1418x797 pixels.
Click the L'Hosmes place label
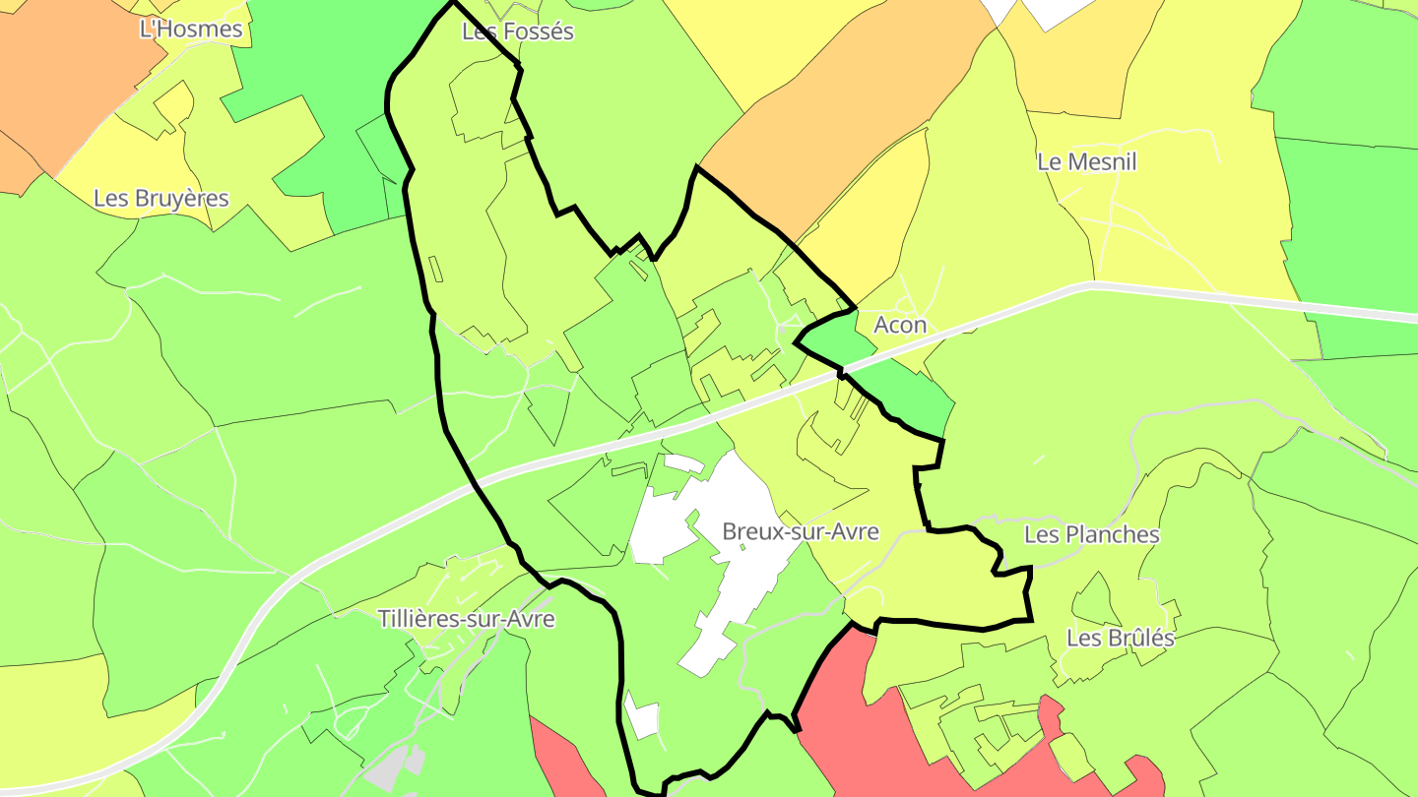(x=191, y=29)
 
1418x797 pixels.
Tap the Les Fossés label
(x=517, y=31)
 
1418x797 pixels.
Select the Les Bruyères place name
(x=161, y=198)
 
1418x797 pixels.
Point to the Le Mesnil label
(x=1086, y=161)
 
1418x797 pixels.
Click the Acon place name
(x=900, y=325)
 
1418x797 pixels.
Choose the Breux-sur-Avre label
(x=800, y=531)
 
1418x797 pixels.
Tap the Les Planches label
(x=1091, y=534)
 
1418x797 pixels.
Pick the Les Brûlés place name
(x=1120, y=638)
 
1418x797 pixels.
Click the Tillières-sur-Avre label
(x=466, y=619)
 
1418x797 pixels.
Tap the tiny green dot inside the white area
(x=741, y=547)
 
